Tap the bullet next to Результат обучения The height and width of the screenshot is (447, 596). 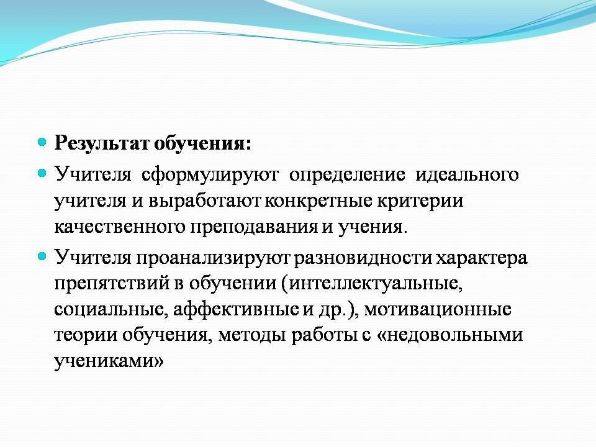pyautogui.click(x=42, y=143)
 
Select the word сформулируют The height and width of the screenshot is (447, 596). pyautogui.click(x=210, y=175)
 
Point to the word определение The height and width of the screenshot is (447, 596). pyautogui.click(x=347, y=175)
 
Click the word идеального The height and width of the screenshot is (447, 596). pyautogui.click(x=467, y=174)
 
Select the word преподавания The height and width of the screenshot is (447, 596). pyautogui.click(x=255, y=228)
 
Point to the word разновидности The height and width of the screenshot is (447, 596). pyautogui.click(x=363, y=258)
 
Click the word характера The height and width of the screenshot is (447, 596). pyautogui.click(x=482, y=258)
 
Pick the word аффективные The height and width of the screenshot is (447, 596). pyautogui.click(x=236, y=309)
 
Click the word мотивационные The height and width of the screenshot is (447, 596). pyautogui.click(x=438, y=309)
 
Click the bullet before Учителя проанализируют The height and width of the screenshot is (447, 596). pyautogui.click(x=42, y=256)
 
